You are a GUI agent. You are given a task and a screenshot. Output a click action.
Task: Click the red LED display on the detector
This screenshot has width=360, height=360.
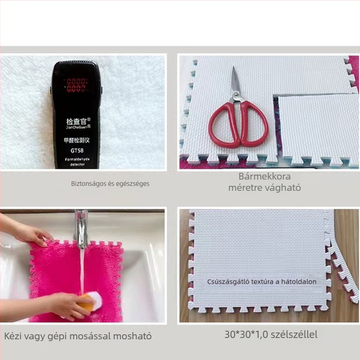point(76,84)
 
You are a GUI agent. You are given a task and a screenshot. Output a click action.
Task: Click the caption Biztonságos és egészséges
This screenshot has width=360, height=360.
point(110,184)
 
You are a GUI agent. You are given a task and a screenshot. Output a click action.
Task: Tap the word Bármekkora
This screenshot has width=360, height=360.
point(265,176)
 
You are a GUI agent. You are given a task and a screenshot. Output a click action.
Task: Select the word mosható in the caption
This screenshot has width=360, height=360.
point(131,336)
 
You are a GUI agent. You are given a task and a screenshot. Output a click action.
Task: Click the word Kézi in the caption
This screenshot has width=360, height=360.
point(13,336)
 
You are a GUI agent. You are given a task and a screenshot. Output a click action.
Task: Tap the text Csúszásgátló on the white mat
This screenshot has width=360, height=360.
point(228,282)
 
